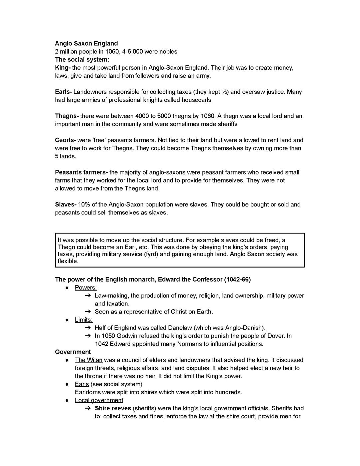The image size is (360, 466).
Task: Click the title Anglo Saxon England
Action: coord(86,43)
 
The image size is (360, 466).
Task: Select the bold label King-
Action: coord(63,68)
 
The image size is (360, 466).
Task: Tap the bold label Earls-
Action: coord(63,92)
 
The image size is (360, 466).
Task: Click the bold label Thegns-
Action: coord(67,116)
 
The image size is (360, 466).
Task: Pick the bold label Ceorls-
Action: coord(65,140)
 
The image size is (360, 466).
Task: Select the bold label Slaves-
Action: coord(66,204)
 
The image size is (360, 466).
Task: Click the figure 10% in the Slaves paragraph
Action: coord(84,204)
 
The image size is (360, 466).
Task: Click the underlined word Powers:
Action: coord(86,288)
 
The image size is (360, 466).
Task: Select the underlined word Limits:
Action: coord(84,320)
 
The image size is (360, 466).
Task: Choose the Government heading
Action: coord(73,352)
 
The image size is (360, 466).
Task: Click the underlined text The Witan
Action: coord(88,360)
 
